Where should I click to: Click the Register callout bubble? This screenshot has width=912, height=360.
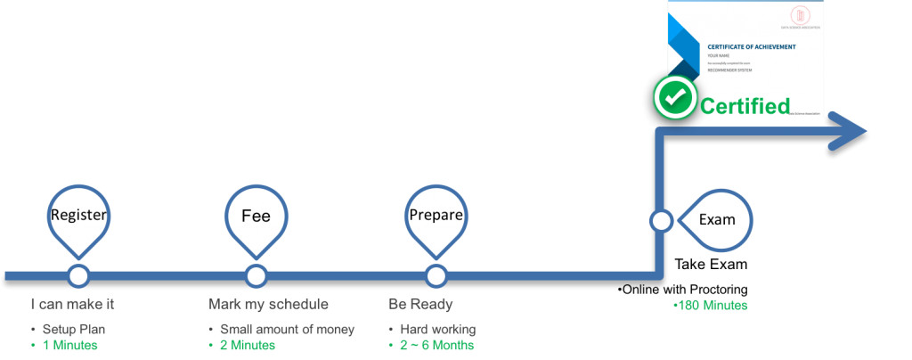[78, 215]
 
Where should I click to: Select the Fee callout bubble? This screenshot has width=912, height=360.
[256, 216]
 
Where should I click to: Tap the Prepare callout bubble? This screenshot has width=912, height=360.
[435, 215]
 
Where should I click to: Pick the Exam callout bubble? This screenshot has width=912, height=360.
[717, 219]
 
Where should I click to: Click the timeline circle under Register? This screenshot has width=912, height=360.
[78, 274]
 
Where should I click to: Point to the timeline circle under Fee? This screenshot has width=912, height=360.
[256, 274]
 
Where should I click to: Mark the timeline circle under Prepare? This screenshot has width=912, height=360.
[435, 274]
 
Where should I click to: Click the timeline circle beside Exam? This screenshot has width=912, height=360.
[660, 220]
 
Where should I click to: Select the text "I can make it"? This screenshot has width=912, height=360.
[72, 304]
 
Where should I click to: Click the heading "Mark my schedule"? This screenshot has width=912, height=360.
[262, 304]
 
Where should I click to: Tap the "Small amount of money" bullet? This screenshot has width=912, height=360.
[287, 329]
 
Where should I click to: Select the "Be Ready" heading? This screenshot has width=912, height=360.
[420, 304]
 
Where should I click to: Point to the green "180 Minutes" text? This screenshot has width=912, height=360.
[712, 306]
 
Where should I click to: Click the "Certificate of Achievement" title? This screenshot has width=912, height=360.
[751, 46]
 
